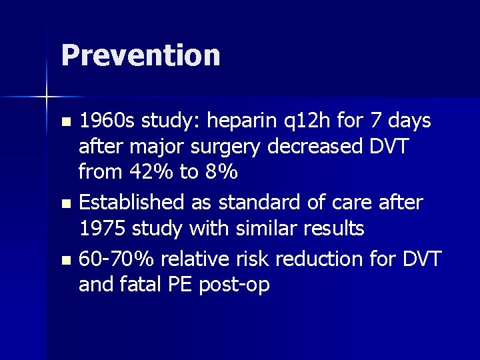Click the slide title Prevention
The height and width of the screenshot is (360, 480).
[x=140, y=55]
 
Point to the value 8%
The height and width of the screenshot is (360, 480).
[x=221, y=173]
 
